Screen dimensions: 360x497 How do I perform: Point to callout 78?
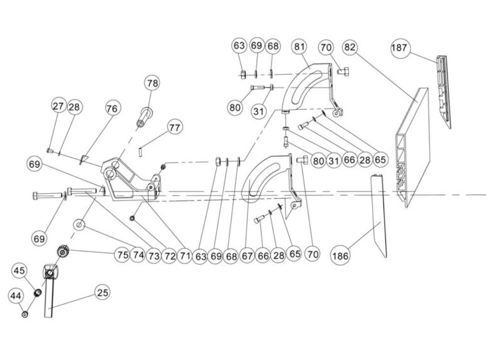(152, 83)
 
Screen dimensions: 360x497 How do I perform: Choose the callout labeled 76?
(111, 109)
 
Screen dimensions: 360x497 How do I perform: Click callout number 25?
(102, 292)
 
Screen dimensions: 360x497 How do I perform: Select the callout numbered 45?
(19, 271)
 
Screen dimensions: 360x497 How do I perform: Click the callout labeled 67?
(248, 255)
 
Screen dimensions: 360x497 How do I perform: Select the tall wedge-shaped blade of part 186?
(379, 216)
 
